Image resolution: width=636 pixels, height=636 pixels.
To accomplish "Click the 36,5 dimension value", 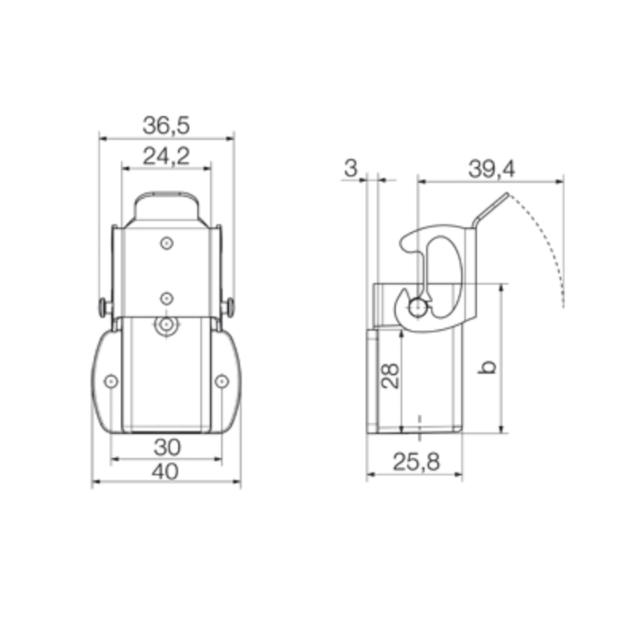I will [x=167, y=125].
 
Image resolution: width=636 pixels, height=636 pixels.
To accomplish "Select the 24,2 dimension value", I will [x=166, y=156].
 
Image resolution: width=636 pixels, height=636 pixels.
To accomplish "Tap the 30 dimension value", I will [x=167, y=445].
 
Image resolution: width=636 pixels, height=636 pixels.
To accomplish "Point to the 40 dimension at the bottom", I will [x=165, y=471].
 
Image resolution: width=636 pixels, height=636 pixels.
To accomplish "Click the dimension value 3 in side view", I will [x=350, y=168].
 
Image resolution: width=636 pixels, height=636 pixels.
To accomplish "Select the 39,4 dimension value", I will [x=491, y=168].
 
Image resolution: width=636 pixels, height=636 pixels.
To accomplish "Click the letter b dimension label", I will [x=491, y=367].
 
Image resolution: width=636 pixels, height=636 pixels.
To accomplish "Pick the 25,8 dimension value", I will [x=415, y=462].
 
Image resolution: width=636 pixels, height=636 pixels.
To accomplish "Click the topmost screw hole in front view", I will [x=166, y=242].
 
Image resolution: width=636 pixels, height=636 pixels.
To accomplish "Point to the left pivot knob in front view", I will [x=104, y=306].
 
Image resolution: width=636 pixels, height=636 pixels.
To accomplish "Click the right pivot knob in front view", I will [x=229, y=306].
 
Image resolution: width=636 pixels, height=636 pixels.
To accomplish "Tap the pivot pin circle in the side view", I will [x=418, y=306].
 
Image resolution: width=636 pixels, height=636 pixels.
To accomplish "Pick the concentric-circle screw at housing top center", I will [x=166, y=325].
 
